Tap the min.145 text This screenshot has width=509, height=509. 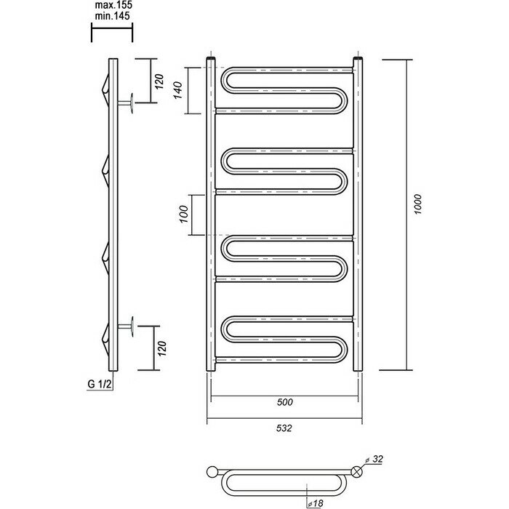click(x=111, y=15)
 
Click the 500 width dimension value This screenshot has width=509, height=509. click(x=284, y=402)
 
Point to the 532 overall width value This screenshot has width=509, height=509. click(x=284, y=428)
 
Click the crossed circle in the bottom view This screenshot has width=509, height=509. click(x=357, y=470)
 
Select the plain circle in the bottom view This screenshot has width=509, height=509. click(x=213, y=470)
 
